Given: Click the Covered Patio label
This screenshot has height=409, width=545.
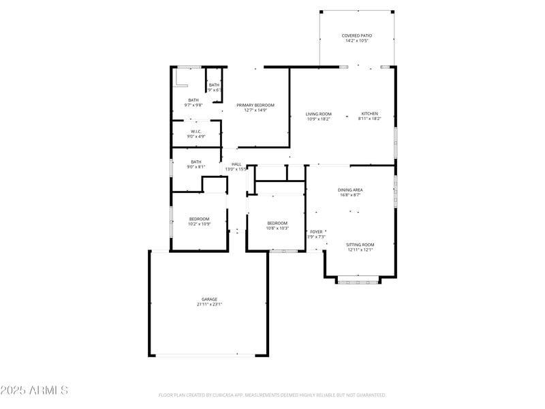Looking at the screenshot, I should [x=357, y=35].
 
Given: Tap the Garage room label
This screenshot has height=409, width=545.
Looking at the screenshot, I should [x=209, y=299].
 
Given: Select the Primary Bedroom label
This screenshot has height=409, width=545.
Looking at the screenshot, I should [x=255, y=105].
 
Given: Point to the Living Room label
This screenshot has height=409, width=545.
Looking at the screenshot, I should [x=318, y=114].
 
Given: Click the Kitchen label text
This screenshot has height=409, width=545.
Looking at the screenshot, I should [x=369, y=114].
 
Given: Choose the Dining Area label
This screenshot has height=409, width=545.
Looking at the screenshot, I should [x=349, y=190].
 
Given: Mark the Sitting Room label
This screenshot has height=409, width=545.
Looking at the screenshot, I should [x=360, y=245].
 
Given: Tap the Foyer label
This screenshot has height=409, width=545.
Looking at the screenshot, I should [x=317, y=232].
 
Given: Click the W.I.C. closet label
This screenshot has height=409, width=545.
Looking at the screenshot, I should [x=196, y=132].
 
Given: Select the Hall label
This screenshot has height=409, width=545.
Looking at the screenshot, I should [x=236, y=164].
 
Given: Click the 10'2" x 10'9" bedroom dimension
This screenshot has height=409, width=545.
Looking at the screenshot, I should [x=199, y=224].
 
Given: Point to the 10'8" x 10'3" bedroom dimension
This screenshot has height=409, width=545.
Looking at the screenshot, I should [x=277, y=228].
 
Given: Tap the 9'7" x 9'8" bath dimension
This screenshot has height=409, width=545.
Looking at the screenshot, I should [x=193, y=105].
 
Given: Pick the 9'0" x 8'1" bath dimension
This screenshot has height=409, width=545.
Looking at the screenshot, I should [x=196, y=167].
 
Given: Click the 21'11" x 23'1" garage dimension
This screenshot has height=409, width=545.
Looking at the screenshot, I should [x=209, y=304].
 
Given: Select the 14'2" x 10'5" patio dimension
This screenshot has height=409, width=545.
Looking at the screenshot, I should [x=357, y=41].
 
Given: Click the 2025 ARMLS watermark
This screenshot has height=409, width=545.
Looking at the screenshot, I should [x=34, y=391].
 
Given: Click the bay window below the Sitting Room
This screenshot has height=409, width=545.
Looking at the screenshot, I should [x=359, y=280].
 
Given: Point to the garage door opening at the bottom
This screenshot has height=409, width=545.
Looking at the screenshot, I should [x=208, y=355].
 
